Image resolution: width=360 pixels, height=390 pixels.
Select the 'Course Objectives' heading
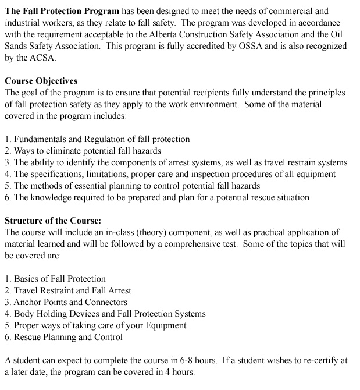point(41,81)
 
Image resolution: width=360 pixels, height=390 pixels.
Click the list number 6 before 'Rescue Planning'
point(7,337)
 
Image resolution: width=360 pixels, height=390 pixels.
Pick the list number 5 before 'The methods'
point(7,186)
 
